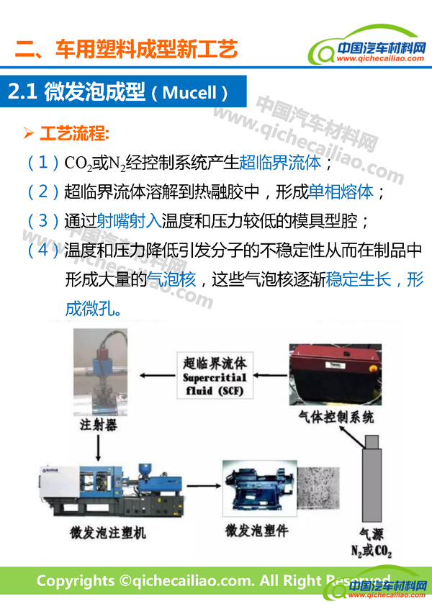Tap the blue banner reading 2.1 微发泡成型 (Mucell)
tap(123, 91)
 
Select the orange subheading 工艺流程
tap(74, 134)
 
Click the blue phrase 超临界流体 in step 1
tap(280, 163)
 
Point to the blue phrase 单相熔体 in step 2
tap(341, 191)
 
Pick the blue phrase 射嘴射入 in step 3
tap(129, 221)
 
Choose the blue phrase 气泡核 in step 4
tap(171, 279)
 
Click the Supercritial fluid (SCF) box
tap(215, 375)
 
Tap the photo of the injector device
tap(100, 371)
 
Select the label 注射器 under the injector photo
tap(99, 425)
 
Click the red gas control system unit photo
tap(336, 374)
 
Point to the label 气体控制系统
tap(336, 417)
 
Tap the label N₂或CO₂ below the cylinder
tap(372, 551)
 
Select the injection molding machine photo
tap(112, 490)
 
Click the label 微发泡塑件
tap(256, 531)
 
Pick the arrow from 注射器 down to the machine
tap(98, 448)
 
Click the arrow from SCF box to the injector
tap(157, 376)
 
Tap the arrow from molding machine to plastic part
tap(204, 486)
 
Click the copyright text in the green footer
tap(213, 580)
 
